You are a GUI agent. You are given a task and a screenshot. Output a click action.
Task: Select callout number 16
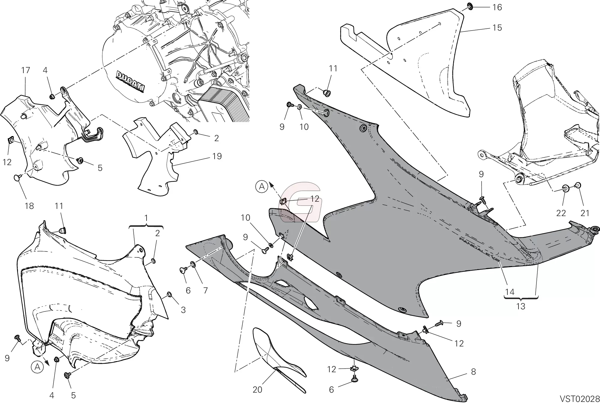[x=497, y=7]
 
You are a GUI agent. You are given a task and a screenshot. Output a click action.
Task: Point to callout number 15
[x=497, y=28]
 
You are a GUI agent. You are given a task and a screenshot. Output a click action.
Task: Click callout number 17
[x=26, y=70]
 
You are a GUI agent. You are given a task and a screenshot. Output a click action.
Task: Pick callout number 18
[x=29, y=206]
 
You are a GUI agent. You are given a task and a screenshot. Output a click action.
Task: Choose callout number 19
[x=217, y=156]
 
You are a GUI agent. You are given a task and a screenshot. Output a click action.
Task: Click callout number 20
[x=257, y=389]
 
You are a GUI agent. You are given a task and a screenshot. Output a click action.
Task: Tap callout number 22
[x=561, y=213]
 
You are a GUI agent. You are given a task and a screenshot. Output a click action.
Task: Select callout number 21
[x=585, y=213]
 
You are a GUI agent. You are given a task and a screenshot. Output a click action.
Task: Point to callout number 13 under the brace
[x=521, y=306]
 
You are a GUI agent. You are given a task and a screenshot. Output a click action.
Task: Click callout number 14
[x=509, y=292]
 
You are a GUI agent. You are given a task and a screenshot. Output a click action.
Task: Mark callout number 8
[x=473, y=372]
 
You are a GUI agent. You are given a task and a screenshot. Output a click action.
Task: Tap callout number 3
[x=183, y=310]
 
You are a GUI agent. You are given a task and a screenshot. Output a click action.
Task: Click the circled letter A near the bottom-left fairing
[x=37, y=367]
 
